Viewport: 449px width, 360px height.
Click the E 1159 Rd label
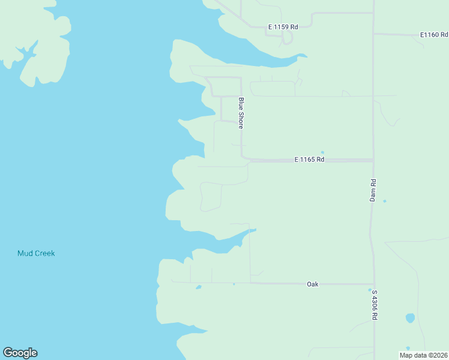click(283, 27)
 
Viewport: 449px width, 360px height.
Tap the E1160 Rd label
click(434, 35)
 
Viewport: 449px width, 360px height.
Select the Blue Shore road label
click(241, 113)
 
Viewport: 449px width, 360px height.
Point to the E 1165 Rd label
click(309, 160)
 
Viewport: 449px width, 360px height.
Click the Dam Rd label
click(373, 190)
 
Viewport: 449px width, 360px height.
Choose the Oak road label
click(312, 284)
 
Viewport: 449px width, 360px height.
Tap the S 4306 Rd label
click(374, 304)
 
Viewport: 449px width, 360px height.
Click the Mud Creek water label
click(36, 253)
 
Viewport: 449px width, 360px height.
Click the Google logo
click(20, 353)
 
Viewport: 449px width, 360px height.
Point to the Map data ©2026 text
click(423, 355)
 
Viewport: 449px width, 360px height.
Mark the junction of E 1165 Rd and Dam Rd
click(373, 160)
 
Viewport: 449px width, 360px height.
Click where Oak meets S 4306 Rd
click(374, 284)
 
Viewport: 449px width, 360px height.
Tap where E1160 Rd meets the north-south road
click(373, 34)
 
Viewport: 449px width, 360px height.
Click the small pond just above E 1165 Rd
click(322, 152)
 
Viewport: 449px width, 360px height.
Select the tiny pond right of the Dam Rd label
click(385, 201)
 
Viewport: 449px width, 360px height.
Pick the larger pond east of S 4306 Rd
click(410, 317)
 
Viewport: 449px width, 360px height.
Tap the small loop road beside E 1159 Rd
click(287, 38)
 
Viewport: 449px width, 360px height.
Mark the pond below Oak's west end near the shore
click(198, 287)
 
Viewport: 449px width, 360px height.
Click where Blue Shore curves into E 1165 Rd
click(243, 157)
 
